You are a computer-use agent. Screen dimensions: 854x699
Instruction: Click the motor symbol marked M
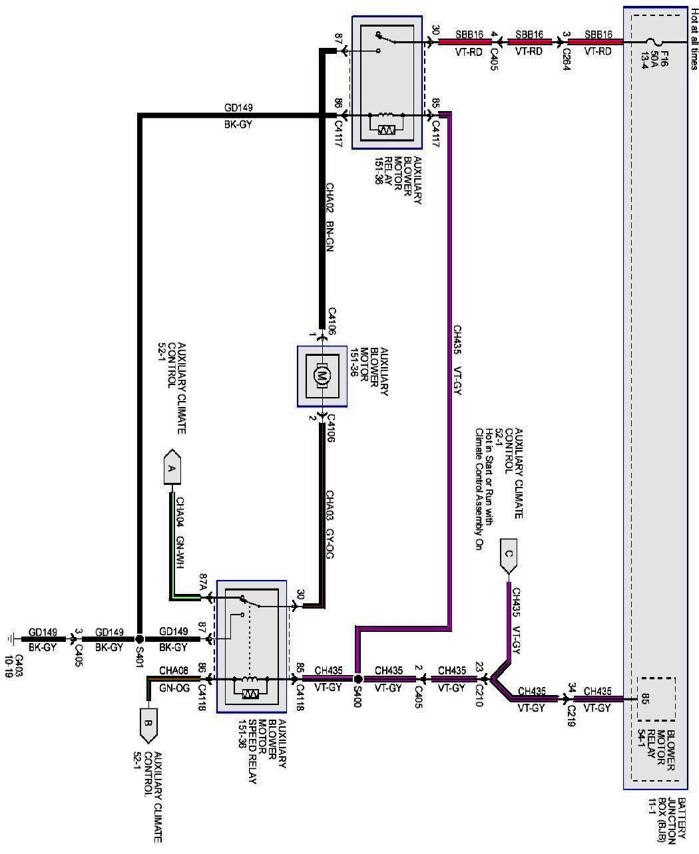point(322,376)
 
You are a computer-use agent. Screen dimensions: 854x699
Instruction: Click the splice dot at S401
point(140,637)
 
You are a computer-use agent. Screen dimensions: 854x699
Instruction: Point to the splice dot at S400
point(357,680)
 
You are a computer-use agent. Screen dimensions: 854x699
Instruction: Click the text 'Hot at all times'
point(694,44)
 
